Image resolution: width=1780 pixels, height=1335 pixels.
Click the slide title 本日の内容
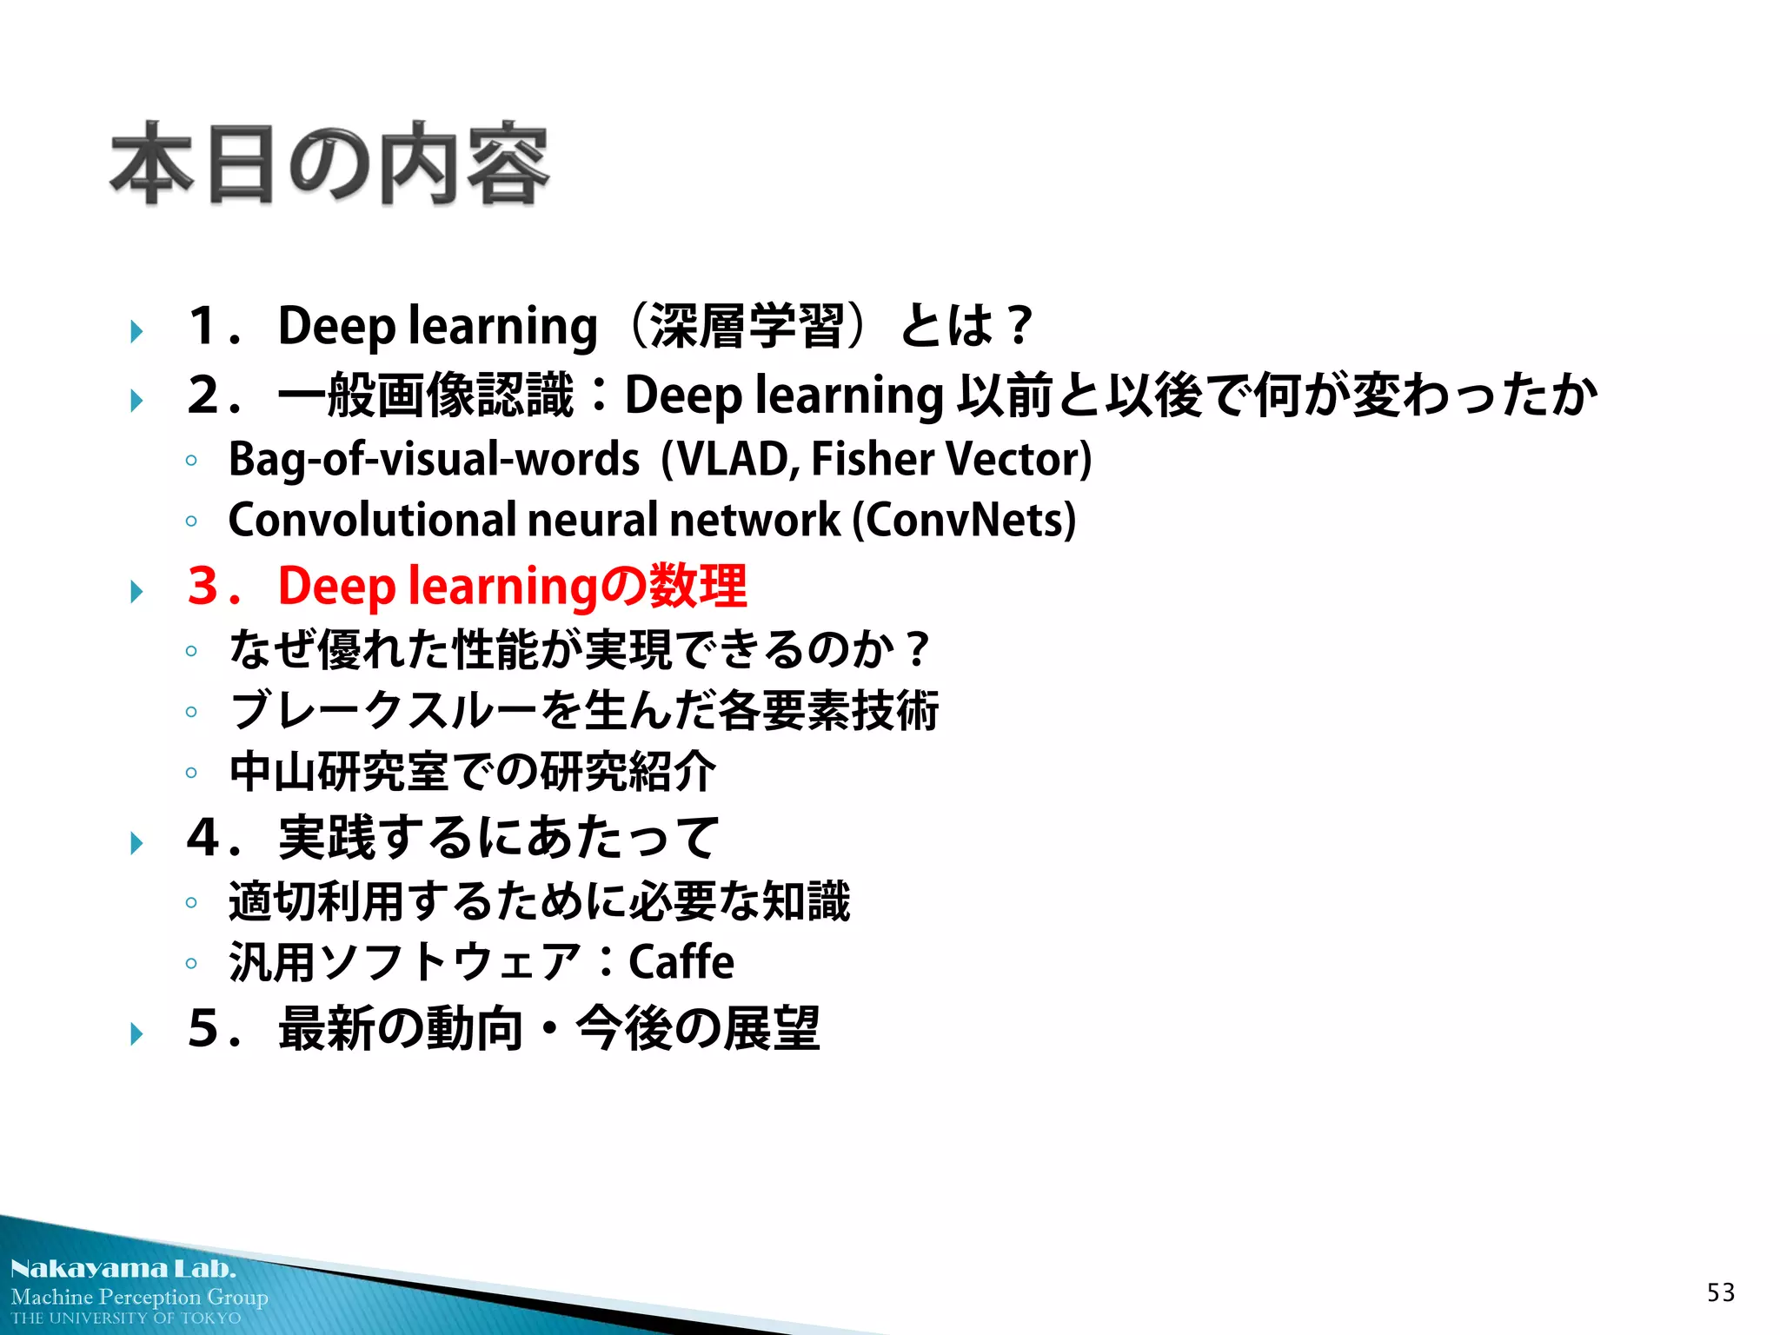pos(329,164)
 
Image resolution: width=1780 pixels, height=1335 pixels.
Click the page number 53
pos(1720,1292)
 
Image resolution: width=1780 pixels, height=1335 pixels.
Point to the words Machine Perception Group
pos(139,1297)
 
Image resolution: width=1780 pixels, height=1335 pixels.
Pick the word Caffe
pos(681,961)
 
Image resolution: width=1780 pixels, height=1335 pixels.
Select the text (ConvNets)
pos(964,520)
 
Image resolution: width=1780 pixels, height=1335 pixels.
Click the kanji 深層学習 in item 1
pos(747,326)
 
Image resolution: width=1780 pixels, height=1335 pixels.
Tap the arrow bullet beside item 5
pos(136,1033)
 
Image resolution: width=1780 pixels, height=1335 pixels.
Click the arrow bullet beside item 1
pos(136,331)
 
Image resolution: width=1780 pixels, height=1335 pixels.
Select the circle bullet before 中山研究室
pos(191,773)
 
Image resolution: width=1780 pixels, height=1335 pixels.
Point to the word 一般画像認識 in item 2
pos(426,395)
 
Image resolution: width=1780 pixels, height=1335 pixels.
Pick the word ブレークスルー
pos(383,711)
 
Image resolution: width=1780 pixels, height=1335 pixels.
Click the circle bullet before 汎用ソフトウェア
pos(191,963)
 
